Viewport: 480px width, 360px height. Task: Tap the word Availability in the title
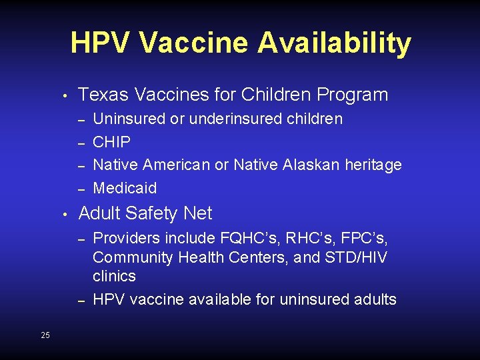[335, 45]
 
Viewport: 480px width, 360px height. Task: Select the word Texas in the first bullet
[101, 95]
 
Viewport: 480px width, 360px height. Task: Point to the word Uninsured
[129, 119]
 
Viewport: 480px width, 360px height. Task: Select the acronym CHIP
[111, 141]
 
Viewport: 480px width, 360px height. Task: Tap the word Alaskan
[311, 164]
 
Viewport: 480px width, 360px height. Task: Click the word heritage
[373, 165]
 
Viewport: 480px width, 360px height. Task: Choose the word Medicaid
[125, 188]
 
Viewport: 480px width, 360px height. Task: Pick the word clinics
[114, 276]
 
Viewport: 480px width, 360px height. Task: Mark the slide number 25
[45, 335]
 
